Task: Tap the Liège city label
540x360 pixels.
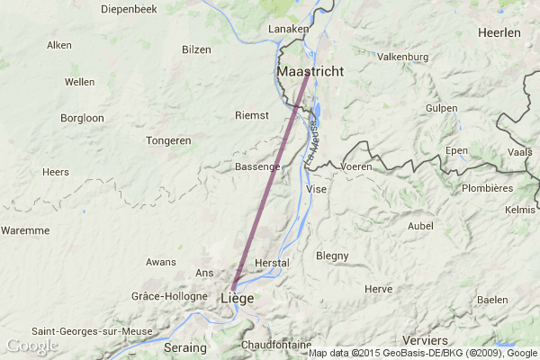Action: tap(237, 298)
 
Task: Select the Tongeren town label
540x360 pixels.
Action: tap(169, 140)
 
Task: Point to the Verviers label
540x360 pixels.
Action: tap(426, 340)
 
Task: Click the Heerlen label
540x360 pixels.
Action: tap(499, 32)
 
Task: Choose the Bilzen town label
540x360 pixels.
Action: tap(196, 50)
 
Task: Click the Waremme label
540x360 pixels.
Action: tap(25, 230)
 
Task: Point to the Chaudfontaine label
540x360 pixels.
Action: tap(276, 345)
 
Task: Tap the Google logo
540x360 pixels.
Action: tap(31, 346)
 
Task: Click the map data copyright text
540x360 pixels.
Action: tap(422, 353)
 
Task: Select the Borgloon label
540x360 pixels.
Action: tap(82, 118)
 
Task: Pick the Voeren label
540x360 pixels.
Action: tap(356, 167)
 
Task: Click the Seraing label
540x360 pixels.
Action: tap(186, 347)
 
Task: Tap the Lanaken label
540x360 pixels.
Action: tap(289, 30)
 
